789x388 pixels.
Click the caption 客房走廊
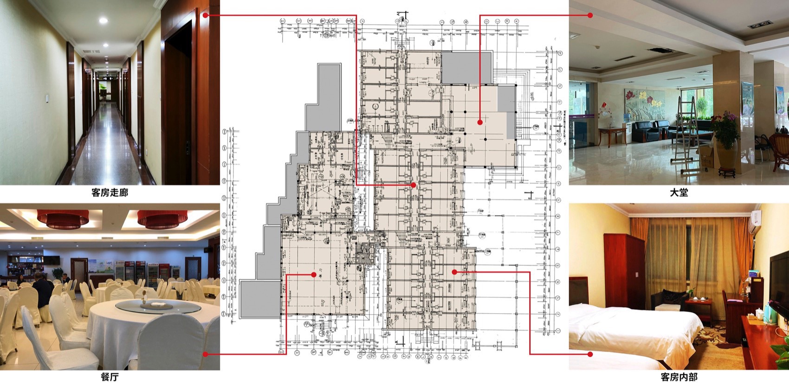(110, 193)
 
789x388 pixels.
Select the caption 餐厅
(110, 377)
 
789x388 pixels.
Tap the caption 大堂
(679, 193)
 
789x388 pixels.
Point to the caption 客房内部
(679, 377)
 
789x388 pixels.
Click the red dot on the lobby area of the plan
(480, 122)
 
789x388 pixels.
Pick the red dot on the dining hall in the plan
(314, 275)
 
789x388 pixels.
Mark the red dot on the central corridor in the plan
(413, 185)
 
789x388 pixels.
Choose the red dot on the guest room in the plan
(454, 272)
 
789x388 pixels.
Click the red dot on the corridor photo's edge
(205, 15)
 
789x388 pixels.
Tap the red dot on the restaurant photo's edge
(205, 354)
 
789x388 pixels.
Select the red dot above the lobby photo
(590, 15)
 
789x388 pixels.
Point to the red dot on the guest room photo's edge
(590, 354)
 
